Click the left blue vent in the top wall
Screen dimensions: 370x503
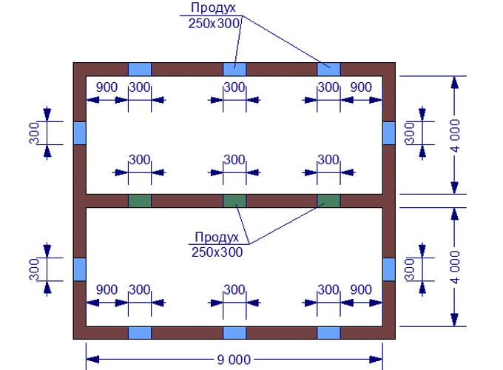tap(140, 69)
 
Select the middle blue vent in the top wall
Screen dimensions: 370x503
tap(234, 69)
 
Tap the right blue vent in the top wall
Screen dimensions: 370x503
tap(328, 69)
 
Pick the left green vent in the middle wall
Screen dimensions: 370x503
tap(140, 201)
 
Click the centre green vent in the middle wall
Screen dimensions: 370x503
tap(234, 201)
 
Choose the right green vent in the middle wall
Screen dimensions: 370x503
tap(328, 201)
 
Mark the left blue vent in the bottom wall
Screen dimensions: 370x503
tap(140, 332)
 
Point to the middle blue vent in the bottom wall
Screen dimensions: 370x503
tap(234, 332)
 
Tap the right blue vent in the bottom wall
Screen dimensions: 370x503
tap(328, 332)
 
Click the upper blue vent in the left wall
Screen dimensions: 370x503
tap(80, 132)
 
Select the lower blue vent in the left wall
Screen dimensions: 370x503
tap(80, 269)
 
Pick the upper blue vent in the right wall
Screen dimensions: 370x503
tap(389, 132)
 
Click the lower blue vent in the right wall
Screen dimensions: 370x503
tap(389, 269)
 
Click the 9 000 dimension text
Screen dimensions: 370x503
tap(234, 360)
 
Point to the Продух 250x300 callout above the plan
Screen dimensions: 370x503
tap(213, 15)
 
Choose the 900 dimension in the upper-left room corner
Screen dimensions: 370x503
tap(107, 87)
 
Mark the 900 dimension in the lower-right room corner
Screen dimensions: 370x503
tap(361, 289)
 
